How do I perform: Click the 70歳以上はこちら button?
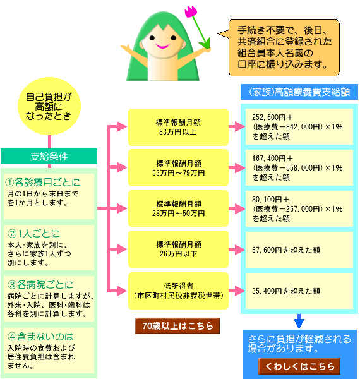[177, 326]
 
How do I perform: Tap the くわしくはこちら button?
[299, 366]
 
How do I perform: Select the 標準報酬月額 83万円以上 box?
[178, 127]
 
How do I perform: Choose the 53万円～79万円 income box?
[178, 168]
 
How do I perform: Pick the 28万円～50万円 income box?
[178, 208]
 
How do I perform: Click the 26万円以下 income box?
[178, 249]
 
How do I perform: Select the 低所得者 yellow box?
[178, 291]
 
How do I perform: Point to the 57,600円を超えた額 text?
[286, 250]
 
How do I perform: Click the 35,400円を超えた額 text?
[286, 291]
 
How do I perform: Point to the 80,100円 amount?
[267, 200]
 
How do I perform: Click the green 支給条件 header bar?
[49, 157]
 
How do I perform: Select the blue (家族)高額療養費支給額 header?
[299, 92]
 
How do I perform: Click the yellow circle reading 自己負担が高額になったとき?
[49, 106]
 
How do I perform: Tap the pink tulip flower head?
[191, 11]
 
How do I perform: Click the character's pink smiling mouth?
[162, 45]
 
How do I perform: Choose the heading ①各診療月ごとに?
[42, 183]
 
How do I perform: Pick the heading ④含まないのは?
[40, 337]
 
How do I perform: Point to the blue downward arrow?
[299, 322]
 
